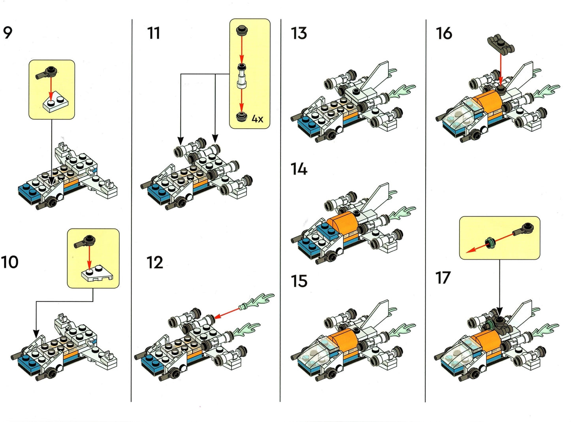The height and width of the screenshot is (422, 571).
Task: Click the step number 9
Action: pyautogui.click(x=8, y=32)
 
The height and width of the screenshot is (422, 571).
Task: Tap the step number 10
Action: pyautogui.click(x=9, y=262)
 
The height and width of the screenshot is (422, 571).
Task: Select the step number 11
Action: pyautogui.click(x=153, y=33)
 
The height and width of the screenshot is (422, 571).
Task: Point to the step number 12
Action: pyautogui.click(x=155, y=262)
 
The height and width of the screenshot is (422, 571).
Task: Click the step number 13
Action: pyautogui.click(x=299, y=33)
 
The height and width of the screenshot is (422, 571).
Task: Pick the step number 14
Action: pyautogui.click(x=299, y=169)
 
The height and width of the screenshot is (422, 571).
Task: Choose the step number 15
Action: pyautogui.click(x=299, y=281)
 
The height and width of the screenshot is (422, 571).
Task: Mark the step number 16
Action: pyautogui.click(x=444, y=33)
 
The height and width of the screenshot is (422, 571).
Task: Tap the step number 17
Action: pyautogui.click(x=443, y=278)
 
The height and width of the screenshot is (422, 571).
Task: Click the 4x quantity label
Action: pyautogui.click(x=257, y=119)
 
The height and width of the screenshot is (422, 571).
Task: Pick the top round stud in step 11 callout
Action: pyautogui.click(x=241, y=30)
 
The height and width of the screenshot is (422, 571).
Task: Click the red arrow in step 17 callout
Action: pyautogui.click(x=478, y=247)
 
